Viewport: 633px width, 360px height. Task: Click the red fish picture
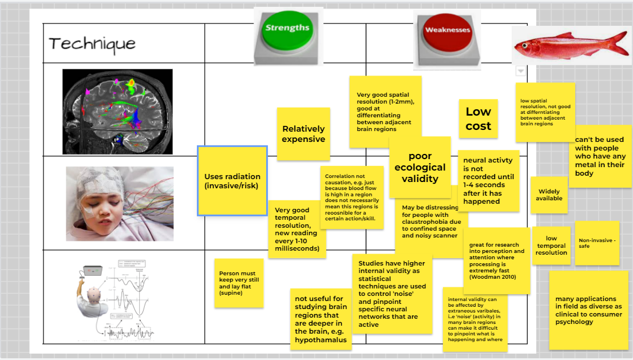pyautogui.click(x=563, y=45)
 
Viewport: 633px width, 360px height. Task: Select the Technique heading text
pyautogui.click(x=92, y=43)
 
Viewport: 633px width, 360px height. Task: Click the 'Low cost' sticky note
pyautogui.click(x=478, y=119)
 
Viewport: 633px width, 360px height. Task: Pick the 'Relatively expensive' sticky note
pyautogui.click(x=303, y=134)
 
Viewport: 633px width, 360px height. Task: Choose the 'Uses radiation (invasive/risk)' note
pyautogui.click(x=232, y=181)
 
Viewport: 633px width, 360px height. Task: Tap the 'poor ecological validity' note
pyautogui.click(x=420, y=167)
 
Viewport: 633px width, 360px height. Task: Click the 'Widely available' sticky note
pyautogui.click(x=549, y=195)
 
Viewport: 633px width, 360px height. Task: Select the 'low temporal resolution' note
pyautogui.click(x=551, y=246)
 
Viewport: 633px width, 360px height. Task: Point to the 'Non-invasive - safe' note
pyautogui.click(x=597, y=243)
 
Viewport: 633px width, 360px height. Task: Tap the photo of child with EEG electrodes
pyautogui.click(x=120, y=203)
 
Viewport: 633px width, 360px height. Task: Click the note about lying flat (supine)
pyautogui.click(x=238, y=283)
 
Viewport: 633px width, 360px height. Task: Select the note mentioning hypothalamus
pyautogui.click(x=321, y=319)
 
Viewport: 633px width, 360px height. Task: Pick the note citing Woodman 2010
pyautogui.click(x=496, y=261)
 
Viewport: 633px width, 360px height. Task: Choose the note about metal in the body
pyautogui.click(x=600, y=156)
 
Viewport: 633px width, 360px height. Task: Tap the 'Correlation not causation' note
pyautogui.click(x=351, y=197)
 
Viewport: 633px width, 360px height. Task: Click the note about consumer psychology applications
pyautogui.click(x=588, y=310)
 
